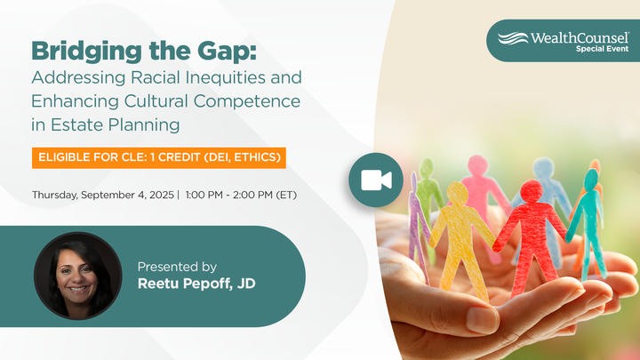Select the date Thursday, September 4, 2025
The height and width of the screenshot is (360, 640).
tap(102, 194)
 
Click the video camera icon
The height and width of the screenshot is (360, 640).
tap(376, 180)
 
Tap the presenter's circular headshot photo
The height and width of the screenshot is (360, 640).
tap(77, 276)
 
